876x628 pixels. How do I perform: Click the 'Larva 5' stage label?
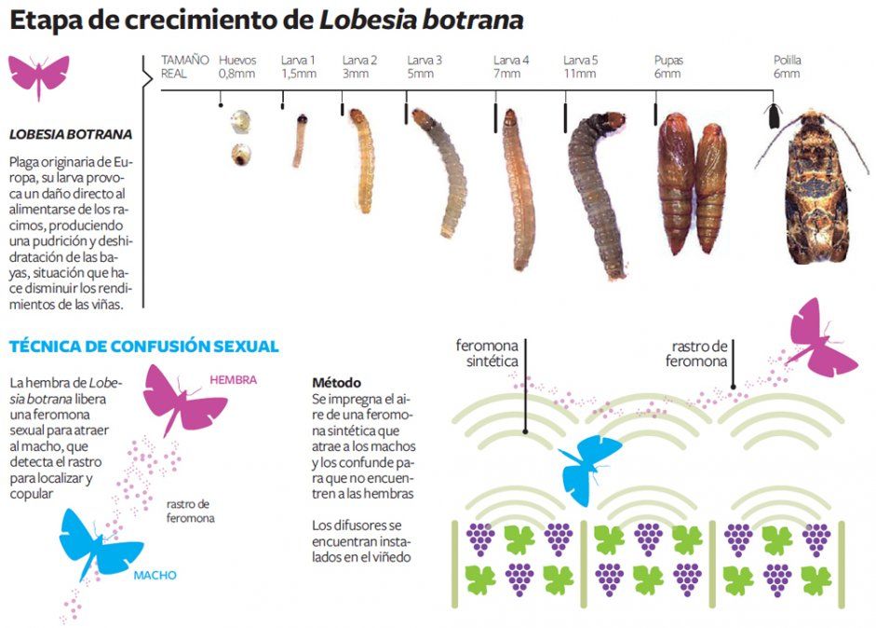pyautogui.click(x=580, y=61)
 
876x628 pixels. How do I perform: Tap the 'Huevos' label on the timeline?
pyautogui.click(x=236, y=61)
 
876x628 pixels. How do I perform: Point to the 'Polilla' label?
pyautogui.click(x=787, y=61)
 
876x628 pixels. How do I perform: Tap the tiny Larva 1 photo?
pyautogui.click(x=300, y=140)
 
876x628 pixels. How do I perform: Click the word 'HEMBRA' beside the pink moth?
pyautogui.click(x=233, y=380)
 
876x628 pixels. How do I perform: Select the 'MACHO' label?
pyautogui.click(x=155, y=575)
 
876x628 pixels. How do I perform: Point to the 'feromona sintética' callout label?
pyautogui.click(x=486, y=353)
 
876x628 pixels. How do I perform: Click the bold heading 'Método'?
pyautogui.click(x=336, y=383)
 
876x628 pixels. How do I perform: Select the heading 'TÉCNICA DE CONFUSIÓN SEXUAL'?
pyautogui.click(x=143, y=347)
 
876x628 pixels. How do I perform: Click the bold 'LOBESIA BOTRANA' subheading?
pyautogui.click(x=70, y=134)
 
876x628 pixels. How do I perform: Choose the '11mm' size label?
pyautogui.click(x=579, y=74)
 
